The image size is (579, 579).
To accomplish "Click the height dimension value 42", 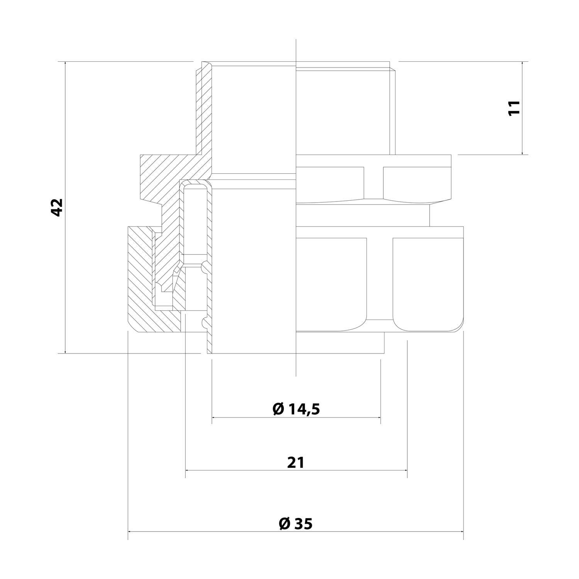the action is (57, 207).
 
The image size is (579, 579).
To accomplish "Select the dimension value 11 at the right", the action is (514, 108).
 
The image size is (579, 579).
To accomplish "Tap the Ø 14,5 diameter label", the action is (296, 408).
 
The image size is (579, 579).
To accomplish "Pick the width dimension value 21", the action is (296, 462).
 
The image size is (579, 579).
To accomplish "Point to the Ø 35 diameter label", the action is (296, 523).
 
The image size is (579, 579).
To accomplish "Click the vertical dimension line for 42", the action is (66, 207).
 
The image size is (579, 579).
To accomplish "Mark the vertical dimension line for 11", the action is (522, 108).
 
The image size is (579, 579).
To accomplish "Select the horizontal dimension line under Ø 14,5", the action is (296, 417).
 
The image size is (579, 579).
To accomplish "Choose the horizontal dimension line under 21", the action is (296, 470).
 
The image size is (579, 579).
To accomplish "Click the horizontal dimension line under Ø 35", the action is (296, 532).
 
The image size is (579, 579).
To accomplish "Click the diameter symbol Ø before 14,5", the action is (278, 409).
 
